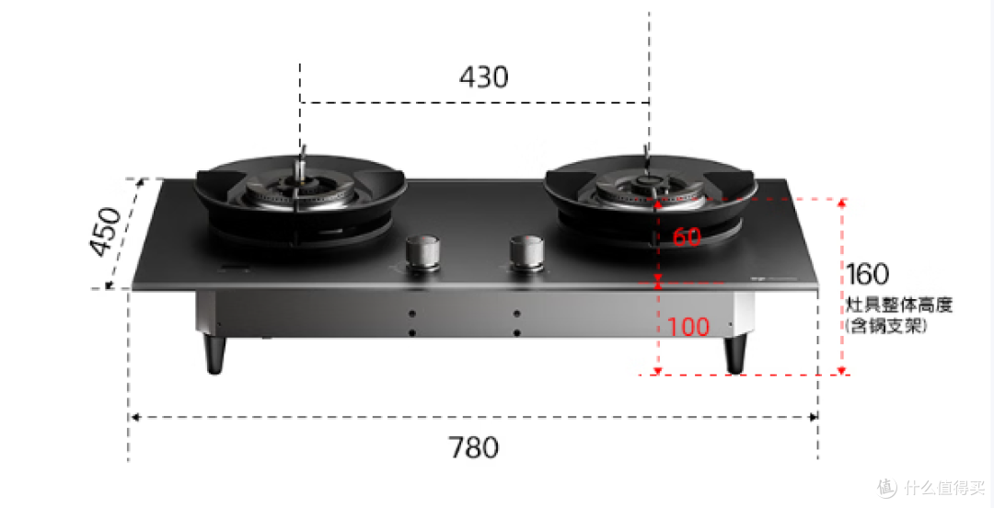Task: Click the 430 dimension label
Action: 484,77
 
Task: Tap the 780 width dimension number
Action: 474,448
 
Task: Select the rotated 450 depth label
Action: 106,232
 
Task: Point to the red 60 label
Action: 687,237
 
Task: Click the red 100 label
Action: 688,328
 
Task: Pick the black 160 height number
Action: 867,274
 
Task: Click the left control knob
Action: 422,253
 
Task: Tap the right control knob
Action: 526,253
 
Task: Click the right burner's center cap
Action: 647,182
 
